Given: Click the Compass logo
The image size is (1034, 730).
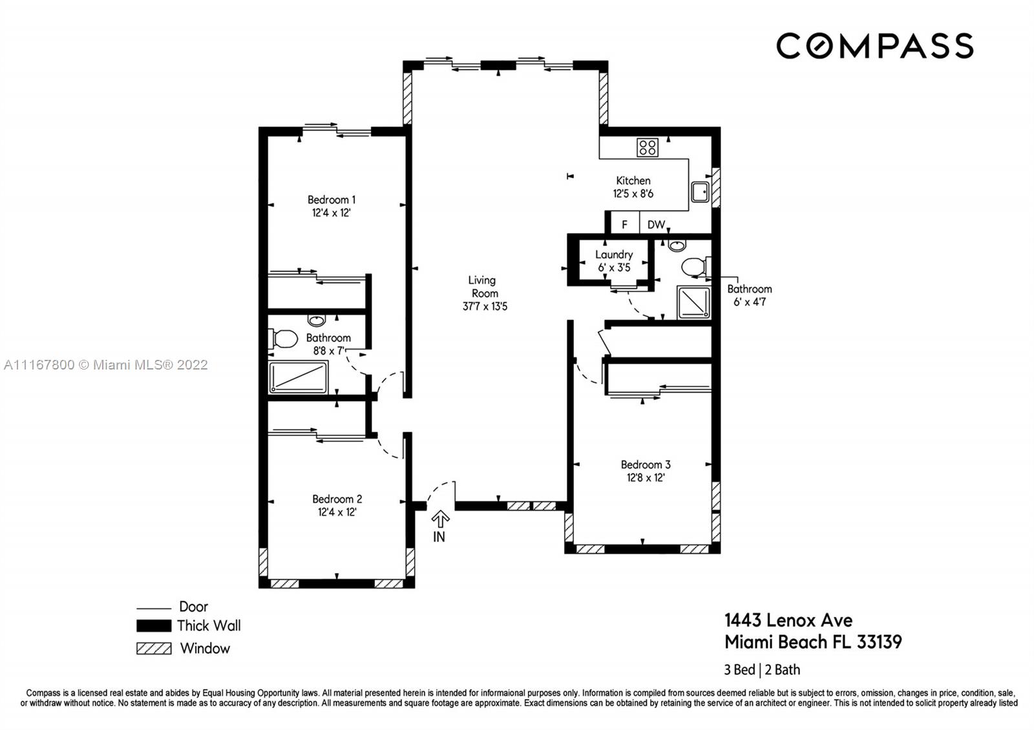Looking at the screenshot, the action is click(875, 46).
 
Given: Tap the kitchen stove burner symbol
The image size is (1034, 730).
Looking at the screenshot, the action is click(647, 148).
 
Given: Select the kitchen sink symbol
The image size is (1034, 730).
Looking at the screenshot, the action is click(700, 191).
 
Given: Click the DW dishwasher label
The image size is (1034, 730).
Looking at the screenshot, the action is click(656, 225).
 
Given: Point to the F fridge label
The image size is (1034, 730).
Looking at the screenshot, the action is click(624, 225).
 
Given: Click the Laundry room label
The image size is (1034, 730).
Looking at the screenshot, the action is click(614, 255).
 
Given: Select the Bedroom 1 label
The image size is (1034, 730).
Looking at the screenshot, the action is click(332, 200).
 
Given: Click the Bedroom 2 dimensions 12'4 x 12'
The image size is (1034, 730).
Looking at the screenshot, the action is click(337, 512).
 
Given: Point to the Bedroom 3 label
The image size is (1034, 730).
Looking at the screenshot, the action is click(646, 464).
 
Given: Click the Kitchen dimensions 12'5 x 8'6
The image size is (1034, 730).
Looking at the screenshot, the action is click(633, 194).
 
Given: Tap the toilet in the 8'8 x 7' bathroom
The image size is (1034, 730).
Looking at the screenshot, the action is click(282, 339).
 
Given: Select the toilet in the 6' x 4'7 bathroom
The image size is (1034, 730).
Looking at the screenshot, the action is click(696, 267).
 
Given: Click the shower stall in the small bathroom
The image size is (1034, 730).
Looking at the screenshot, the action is click(693, 303).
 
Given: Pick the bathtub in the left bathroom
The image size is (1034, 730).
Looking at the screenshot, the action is click(298, 377).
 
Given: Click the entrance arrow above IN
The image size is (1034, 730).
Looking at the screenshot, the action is click(440, 519).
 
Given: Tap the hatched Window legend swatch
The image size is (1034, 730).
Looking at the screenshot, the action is click(154, 649).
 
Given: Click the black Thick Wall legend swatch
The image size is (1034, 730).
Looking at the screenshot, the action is click(154, 626).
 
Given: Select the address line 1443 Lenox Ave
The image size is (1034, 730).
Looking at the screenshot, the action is click(788, 621).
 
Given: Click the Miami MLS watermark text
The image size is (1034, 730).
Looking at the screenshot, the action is click(106, 365).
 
